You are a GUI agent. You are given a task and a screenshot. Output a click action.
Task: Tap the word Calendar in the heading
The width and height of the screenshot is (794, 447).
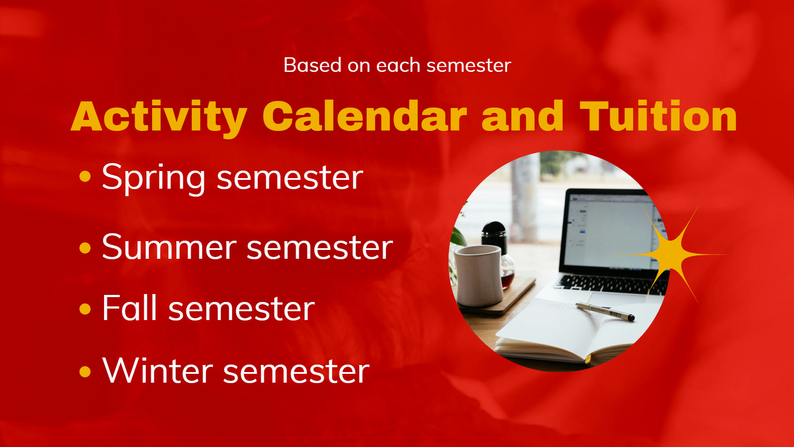pyautogui.click(x=364, y=116)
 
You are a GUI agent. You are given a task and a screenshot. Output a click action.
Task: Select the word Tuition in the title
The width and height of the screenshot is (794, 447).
pyautogui.click(x=658, y=116)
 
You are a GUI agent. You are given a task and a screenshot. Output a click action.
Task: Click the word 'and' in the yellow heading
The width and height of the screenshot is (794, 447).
pyautogui.click(x=523, y=116)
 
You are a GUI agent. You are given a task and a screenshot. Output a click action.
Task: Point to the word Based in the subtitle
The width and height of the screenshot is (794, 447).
pyautogui.click(x=312, y=65)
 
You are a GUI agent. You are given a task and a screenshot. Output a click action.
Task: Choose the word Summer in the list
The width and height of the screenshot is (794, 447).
pyautogui.click(x=169, y=247)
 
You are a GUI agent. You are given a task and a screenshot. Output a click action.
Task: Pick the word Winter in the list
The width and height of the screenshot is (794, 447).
pyautogui.click(x=158, y=370)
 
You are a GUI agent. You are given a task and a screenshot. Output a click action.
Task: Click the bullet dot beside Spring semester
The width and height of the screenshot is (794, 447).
pyautogui.click(x=85, y=177)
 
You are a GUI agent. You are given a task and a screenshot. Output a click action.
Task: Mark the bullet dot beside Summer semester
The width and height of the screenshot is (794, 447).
pyautogui.click(x=85, y=248)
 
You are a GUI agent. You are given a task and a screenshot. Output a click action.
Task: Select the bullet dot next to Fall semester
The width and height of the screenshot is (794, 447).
pyautogui.click(x=85, y=309)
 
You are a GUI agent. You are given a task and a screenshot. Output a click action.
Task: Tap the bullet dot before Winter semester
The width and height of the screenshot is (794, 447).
pyautogui.click(x=85, y=372)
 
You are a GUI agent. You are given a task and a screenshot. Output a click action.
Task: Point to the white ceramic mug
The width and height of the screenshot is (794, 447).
pyautogui.click(x=479, y=276)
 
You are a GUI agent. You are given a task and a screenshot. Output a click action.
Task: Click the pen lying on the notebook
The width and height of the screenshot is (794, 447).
pyautogui.click(x=605, y=311)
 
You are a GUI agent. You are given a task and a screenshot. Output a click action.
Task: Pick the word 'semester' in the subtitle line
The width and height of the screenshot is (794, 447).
pyautogui.click(x=469, y=65)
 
